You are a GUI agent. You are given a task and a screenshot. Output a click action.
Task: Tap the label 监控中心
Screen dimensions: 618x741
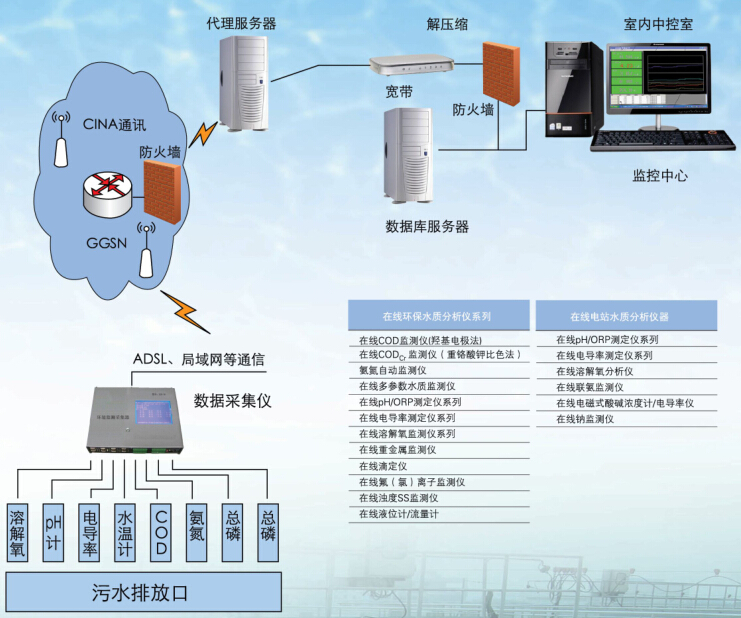pyautogui.click(x=659, y=177)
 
